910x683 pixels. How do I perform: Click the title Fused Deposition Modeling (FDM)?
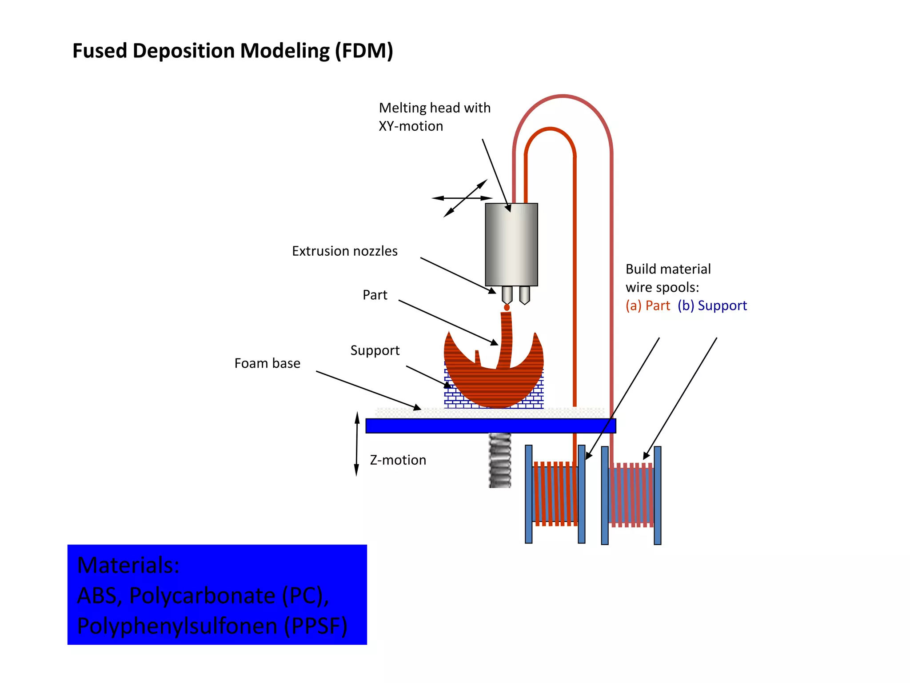click(232, 51)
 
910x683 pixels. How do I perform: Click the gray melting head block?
click(511, 245)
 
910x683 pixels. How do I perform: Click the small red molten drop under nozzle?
click(507, 308)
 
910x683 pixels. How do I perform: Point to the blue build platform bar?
click(490, 426)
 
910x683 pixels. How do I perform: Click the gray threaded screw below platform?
click(500, 460)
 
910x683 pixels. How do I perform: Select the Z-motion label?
click(398, 460)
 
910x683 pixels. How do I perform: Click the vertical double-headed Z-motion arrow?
click(356, 444)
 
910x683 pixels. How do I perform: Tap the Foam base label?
click(267, 363)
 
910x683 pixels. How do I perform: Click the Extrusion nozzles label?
click(344, 251)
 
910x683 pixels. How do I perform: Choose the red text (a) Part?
click(647, 305)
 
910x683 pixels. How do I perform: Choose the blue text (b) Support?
click(712, 305)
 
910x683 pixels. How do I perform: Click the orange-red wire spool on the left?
click(555, 494)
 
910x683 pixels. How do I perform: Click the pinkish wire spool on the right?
click(631, 495)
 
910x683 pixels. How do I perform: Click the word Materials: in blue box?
click(128, 565)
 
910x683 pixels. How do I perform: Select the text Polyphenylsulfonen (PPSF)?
click(212, 626)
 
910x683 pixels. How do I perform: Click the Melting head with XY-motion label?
click(434, 117)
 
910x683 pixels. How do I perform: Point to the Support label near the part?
click(375, 350)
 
